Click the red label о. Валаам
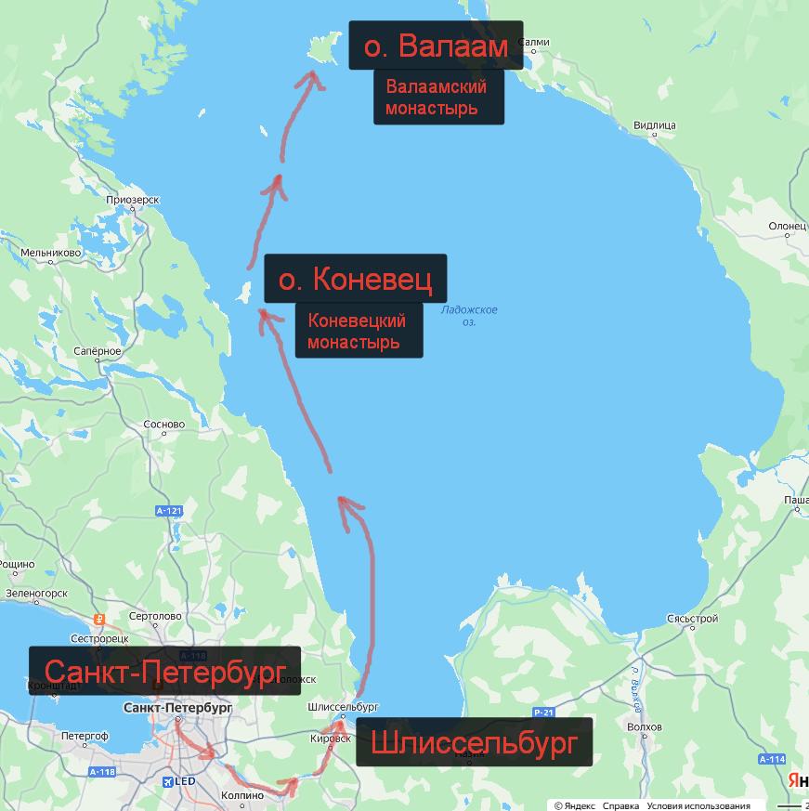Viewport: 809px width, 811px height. click(x=436, y=46)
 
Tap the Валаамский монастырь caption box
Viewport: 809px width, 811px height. click(x=438, y=98)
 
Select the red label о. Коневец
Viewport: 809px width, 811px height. click(x=355, y=279)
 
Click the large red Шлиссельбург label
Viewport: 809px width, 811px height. click(x=474, y=742)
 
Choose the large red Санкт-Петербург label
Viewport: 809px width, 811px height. click(x=164, y=671)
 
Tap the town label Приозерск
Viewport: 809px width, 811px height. click(x=133, y=200)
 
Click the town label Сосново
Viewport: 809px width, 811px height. click(x=164, y=425)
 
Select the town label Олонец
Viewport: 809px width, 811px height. click(x=787, y=226)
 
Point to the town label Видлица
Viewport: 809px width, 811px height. click(x=654, y=125)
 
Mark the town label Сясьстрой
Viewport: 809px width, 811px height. click(x=692, y=618)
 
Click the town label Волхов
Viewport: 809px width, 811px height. click(x=645, y=726)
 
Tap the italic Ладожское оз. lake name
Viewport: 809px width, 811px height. click(x=469, y=316)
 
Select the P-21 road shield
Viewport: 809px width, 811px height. click(x=543, y=713)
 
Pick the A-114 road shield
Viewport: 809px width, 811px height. click(x=772, y=759)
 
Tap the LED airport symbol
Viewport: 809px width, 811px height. click(x=179, y=781)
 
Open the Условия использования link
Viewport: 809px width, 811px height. click(x=698, y=805)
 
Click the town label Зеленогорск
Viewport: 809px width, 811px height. click(x=36, y=592)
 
